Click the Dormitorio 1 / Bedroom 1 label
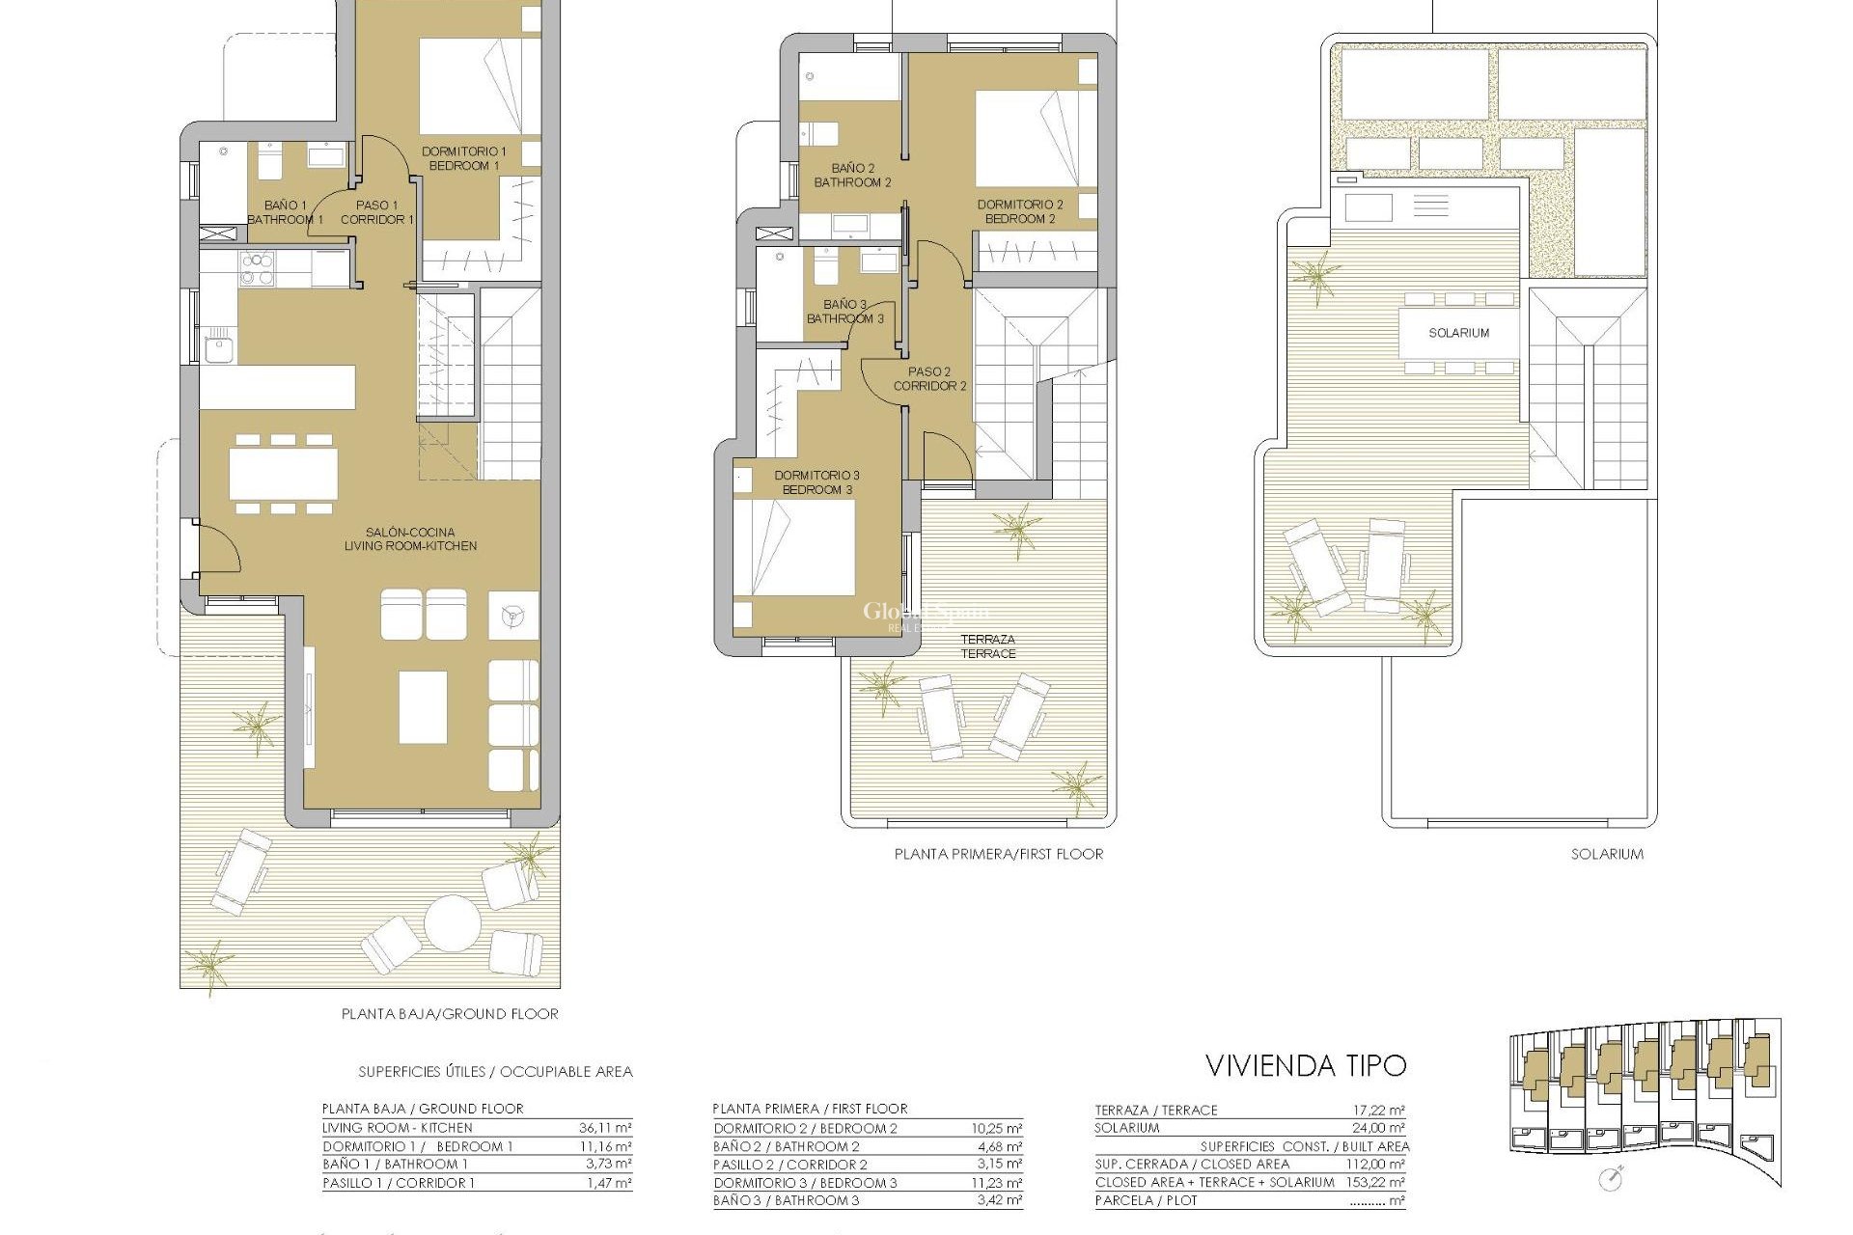[463, 158]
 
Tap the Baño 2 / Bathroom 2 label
[852, 176]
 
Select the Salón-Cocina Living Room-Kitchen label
[410, 539]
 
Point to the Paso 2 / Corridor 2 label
[929, 378]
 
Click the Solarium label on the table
[1458, 333]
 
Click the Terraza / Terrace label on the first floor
[987, 646]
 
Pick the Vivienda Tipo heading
[1306, 1065]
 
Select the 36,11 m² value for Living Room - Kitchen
[605, 1128]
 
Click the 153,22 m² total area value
[1375, 1182]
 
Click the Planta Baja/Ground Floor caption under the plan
[450, 1014]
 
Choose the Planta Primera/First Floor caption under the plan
[998, 854]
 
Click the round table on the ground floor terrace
[453, 922]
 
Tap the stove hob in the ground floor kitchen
[257, 269]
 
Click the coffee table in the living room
[423, 707]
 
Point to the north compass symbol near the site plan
[1610, 1178]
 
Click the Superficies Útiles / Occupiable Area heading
[495, 1072]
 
